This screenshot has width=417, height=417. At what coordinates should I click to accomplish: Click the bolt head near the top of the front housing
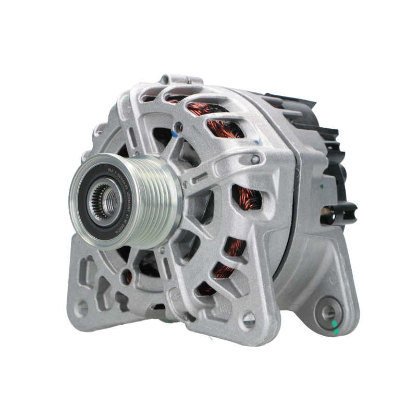point(179,125)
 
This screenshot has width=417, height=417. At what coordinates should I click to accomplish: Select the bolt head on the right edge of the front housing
point(254,159)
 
